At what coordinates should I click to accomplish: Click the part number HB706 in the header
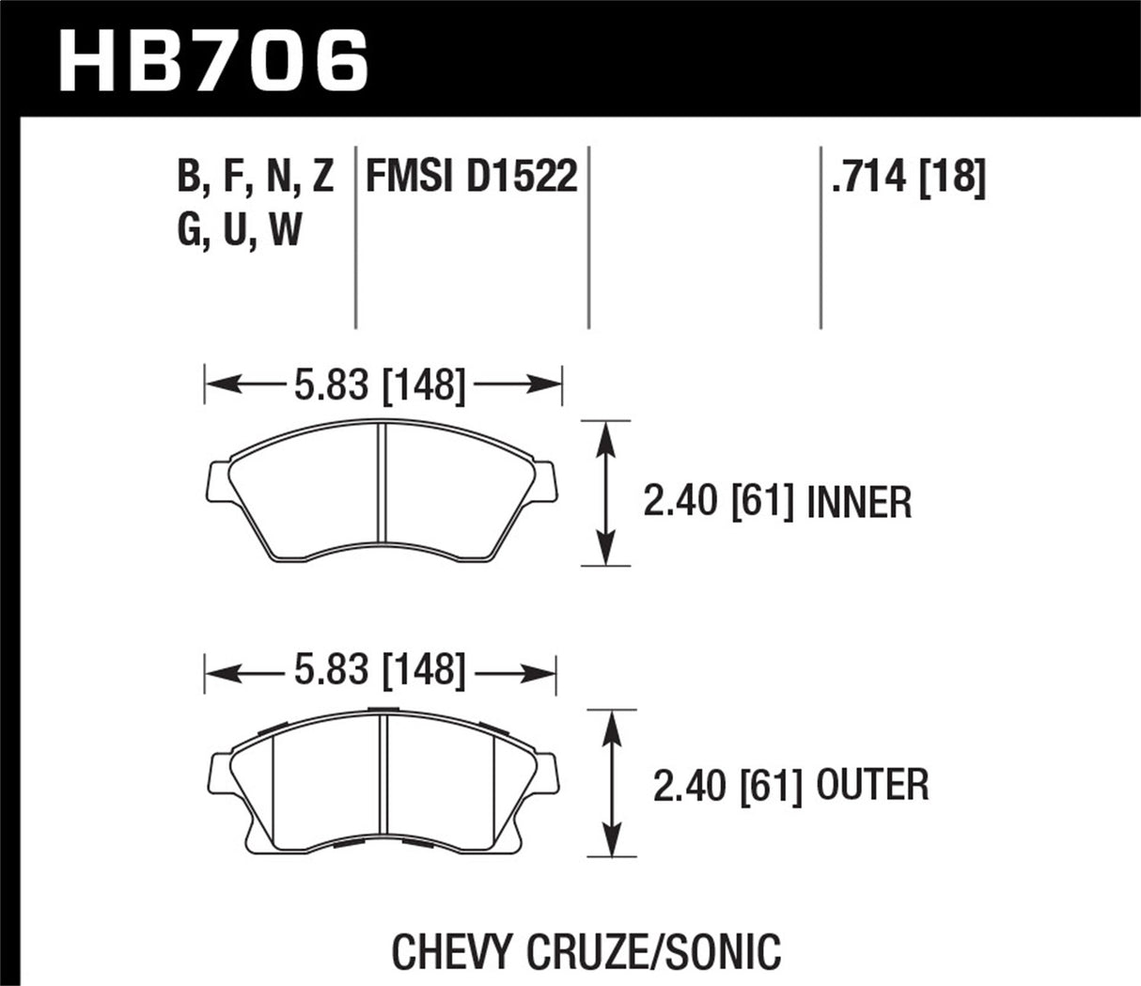click(x=212, y=58)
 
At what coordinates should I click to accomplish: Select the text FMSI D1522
click(x=471, y=176)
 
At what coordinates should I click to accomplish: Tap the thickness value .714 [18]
click(x=908, y=176)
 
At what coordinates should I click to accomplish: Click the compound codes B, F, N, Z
click(x=256, y=176)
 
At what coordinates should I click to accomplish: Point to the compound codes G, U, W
click(x=240, y=228)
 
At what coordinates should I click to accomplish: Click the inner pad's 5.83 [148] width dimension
click(x=380, y=384)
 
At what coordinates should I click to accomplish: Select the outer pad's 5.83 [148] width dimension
click(x=380, y=671)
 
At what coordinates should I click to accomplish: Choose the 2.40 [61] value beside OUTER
click(x=727, y=786)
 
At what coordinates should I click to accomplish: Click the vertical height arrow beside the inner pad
click(x=606, y=493)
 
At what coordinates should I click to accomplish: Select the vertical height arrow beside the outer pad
click(x=612, y=783)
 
